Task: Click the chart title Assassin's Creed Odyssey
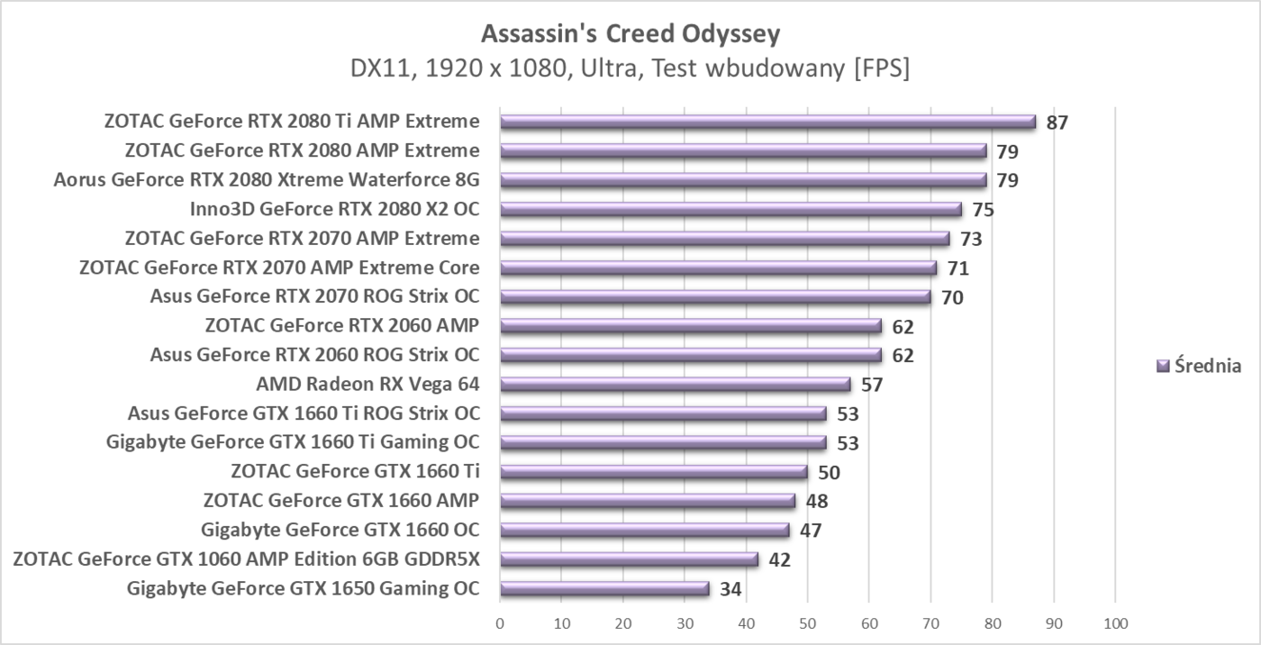[x=630, y=34]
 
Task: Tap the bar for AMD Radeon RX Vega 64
[x=675, y=386]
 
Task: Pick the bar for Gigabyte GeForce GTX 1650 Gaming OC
[x=604, y=590]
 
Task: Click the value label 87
[x=1057, y=123]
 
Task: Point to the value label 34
[x=730, y=590]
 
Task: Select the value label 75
[x=983, y=210]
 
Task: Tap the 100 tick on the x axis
[x=1115, y=622]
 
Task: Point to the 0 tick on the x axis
[x=500, y=622]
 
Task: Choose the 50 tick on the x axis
[x=808, y=622]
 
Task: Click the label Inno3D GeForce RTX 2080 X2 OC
[x=334, y=210]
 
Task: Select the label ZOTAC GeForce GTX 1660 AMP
[x=341, y=501]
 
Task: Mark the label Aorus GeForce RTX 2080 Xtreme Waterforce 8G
[x=266, y=180]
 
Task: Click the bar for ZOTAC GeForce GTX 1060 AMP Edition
[x=629, y=560]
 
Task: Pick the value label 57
[x=871, y=386]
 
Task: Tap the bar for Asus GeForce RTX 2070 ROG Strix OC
[x=715, y=297]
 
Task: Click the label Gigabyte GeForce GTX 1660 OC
[x=340, y=530]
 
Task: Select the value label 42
[x=779, y=560]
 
